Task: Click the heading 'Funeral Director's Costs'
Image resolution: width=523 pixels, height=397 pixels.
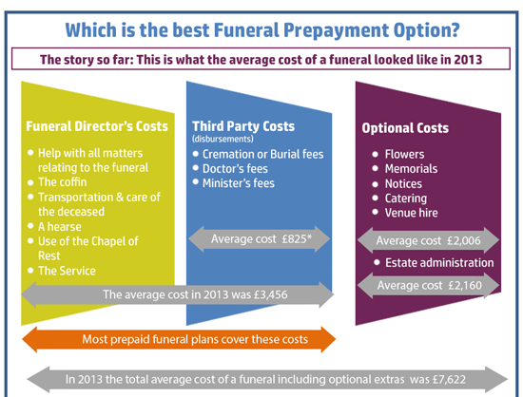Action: click(x=97, y=126)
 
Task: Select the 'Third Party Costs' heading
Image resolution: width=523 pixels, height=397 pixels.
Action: click(x=243, y=126)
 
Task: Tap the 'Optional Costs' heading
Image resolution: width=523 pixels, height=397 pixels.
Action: click(x=405, y=128)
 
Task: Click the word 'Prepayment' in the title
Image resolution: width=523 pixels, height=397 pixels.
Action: click(x=337, y=30)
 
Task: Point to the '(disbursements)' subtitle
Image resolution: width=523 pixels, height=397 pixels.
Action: click(x=223, y=139)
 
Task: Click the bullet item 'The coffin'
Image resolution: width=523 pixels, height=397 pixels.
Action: click(x=63, y=182)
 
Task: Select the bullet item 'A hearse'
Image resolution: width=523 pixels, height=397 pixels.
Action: click(x=60, y=227)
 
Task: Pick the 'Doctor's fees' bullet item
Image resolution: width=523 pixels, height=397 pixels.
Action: click(x=235, y=169)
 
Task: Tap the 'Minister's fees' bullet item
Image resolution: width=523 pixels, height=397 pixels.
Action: click(x=239, y=183)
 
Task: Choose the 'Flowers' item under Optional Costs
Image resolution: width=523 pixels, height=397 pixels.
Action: click(x=404, y=154)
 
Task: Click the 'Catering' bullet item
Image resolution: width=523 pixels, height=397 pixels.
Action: click(x=406, y=198)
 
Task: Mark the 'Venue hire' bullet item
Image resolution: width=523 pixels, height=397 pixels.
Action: click(x=411, y=213)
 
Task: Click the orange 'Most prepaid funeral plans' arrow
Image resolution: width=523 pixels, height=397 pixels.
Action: click(x=179, y=339)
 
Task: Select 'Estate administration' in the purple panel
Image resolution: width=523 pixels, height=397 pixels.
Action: click(x=439, y=263)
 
